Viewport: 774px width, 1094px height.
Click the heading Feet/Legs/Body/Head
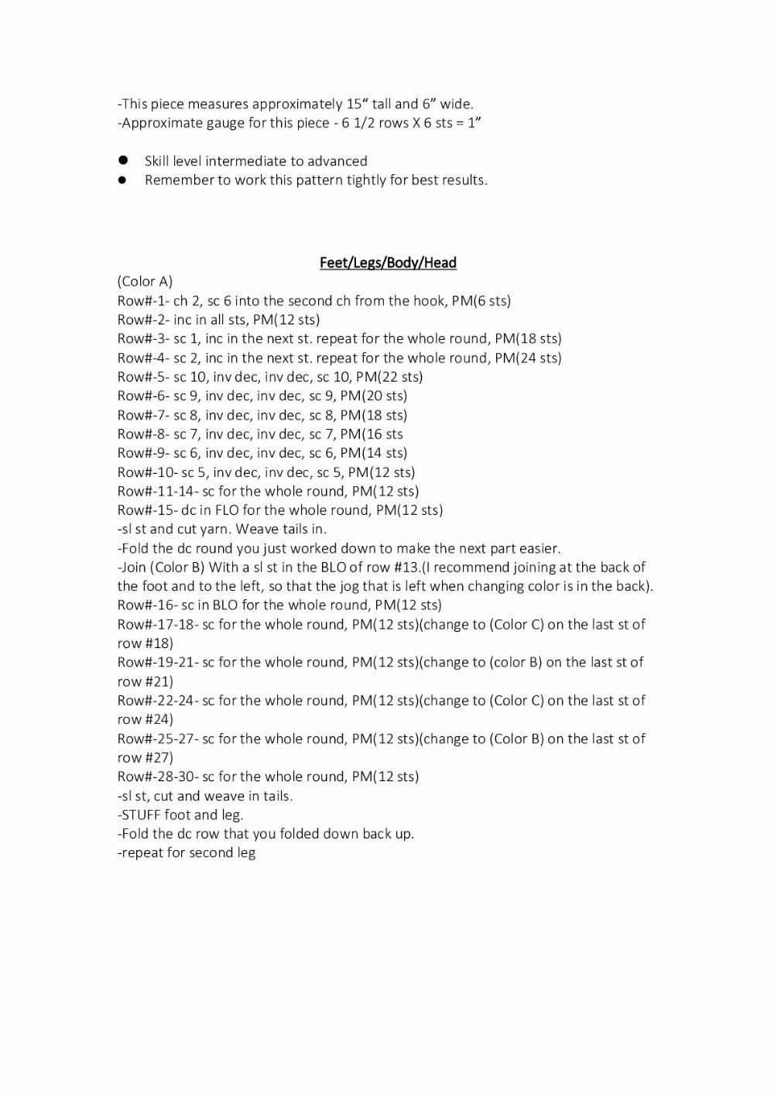[x=388, y=262]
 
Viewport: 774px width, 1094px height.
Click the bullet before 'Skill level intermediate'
[x=122, y=161]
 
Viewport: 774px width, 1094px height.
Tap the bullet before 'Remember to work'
[x=122, y=180]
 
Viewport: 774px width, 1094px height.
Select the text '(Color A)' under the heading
[x=145, y=281]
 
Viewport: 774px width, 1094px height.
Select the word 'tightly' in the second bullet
[x=358, y=180]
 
